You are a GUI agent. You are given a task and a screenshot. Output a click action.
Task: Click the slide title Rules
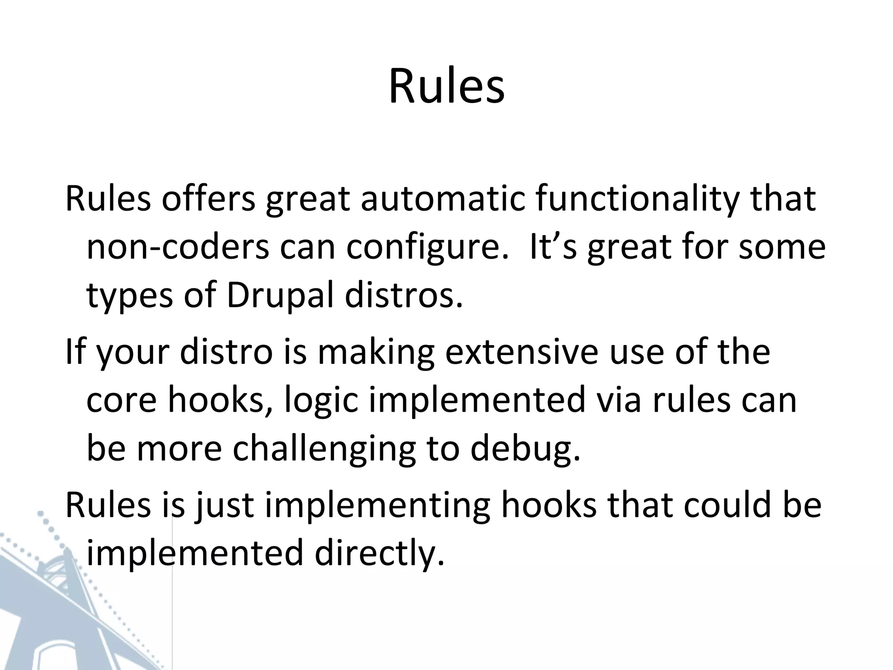coord(446,87)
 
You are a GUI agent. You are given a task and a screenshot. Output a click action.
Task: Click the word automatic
coord(443,198)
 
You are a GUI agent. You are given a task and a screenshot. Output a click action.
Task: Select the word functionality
coord(637,198)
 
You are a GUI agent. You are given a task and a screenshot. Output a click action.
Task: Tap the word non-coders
coord(178,247)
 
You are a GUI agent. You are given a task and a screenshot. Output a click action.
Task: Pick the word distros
coord(403,296)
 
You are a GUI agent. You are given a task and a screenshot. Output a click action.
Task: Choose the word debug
coord(525,449)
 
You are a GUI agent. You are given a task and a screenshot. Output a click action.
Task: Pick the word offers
coord(208,198)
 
